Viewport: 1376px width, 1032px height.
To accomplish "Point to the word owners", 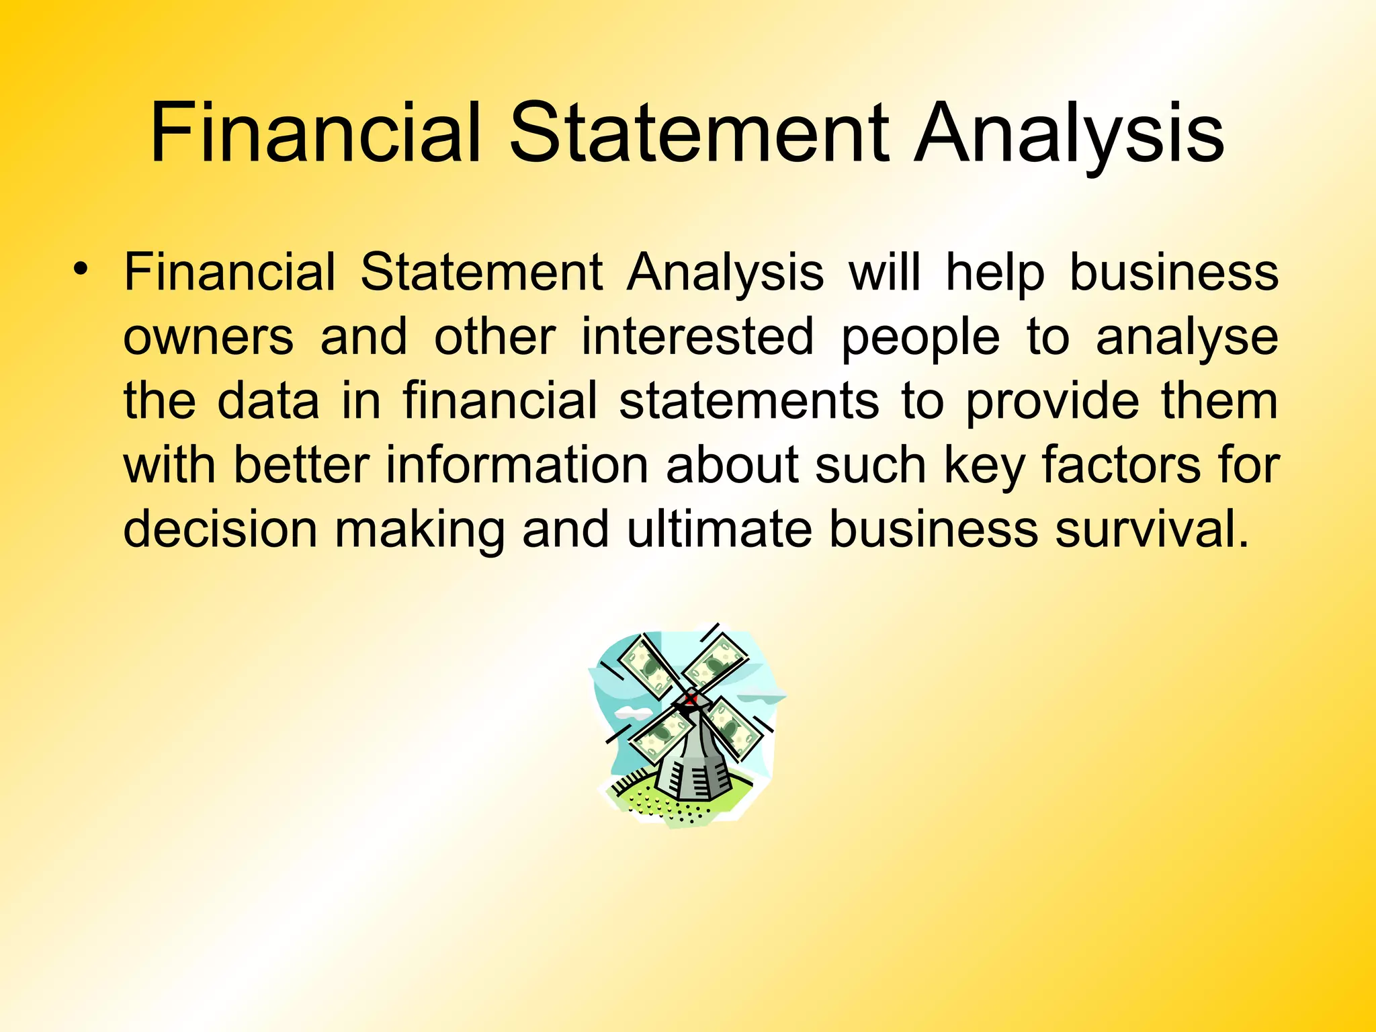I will point(208,337).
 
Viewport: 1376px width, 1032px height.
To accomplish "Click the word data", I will point(268,400).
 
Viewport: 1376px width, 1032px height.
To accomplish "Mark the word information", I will point(517,465).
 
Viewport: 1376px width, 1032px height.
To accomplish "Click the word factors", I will point(1121,465).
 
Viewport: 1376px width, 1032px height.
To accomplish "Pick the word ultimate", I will point(720,529).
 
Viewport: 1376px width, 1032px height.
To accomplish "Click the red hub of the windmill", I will point(690,700).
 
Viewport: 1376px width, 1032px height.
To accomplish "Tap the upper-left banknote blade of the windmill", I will point(648,665).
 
